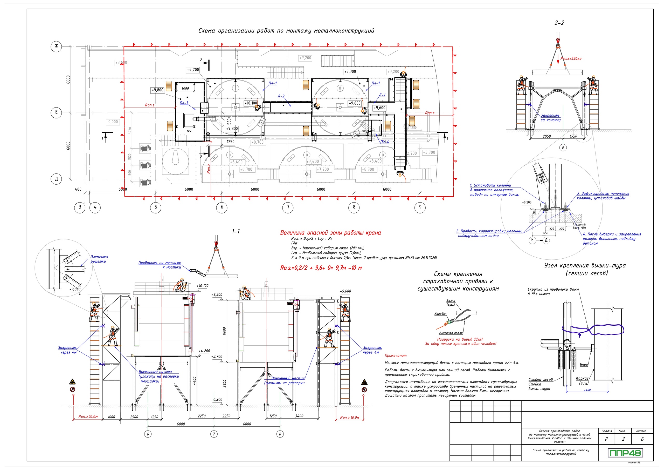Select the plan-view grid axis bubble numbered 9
pos(420,207)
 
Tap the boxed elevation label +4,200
pos(193,70)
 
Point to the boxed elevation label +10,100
pos(251,103)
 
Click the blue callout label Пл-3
pos(184,103)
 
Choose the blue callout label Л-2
pos(281,96)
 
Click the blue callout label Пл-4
pos(384,142)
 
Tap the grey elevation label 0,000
pos(113,122)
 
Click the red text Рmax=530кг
pos(571,59)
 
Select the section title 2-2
pos(559,23)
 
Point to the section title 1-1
pos(236,231)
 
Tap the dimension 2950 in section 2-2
pos(547,136)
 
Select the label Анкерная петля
pos(451,333)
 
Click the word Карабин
pos(440,314)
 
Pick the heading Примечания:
pos(395,355)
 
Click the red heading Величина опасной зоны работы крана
pos(330,233)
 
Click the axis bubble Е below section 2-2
pos(563,148)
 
